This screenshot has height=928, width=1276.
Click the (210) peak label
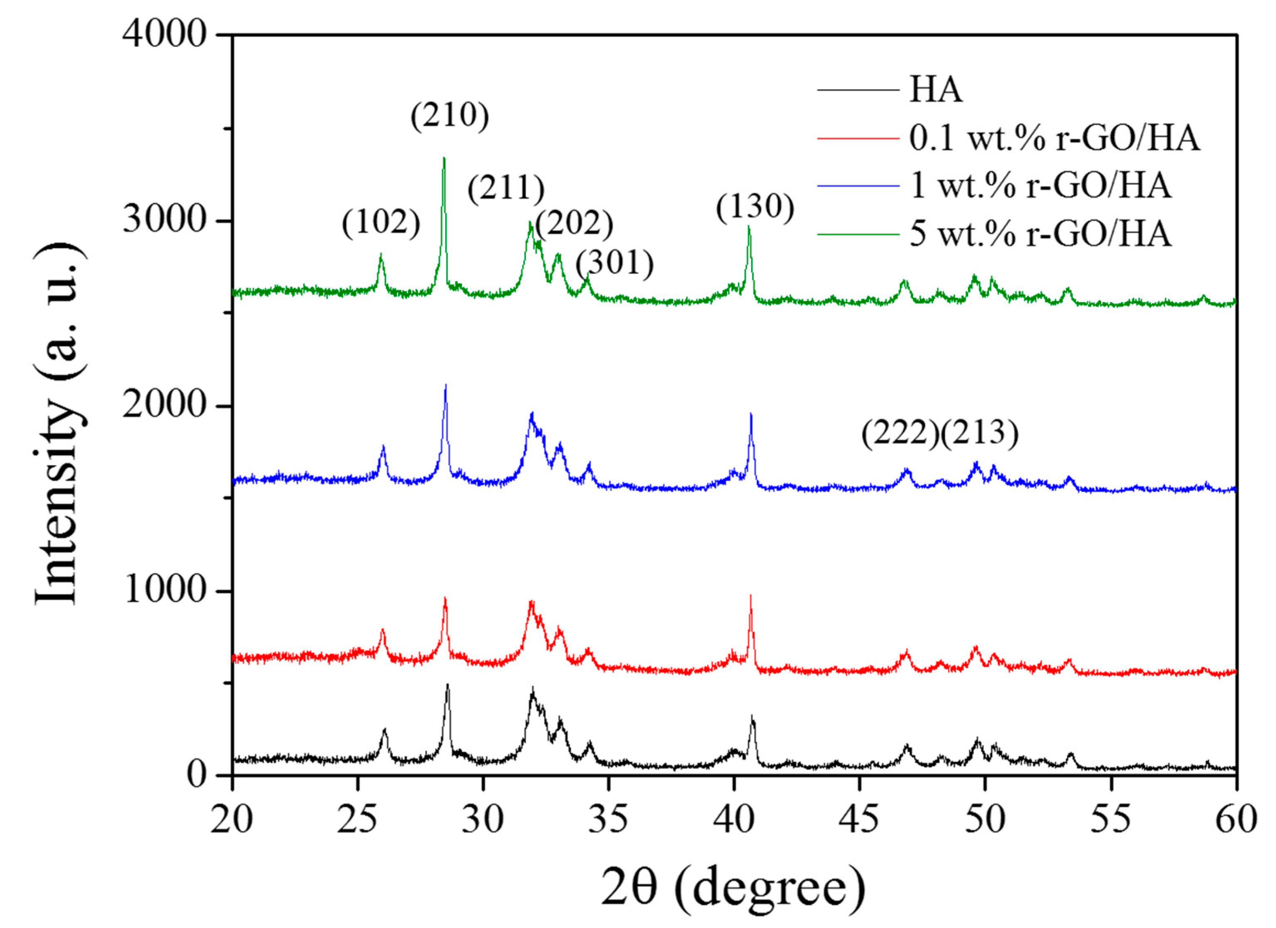(450, 116)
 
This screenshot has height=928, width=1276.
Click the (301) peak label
(615, 263)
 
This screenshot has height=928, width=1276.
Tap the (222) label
(900, 434)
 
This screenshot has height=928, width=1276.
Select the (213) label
(979, 434)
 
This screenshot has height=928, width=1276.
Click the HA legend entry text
(936, 90)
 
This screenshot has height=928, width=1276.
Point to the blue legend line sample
(858, 186)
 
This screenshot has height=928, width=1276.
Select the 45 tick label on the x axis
(858, 820)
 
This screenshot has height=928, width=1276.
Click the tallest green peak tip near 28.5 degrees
(444, 159)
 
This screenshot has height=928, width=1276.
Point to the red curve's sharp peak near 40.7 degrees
(750, 596)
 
